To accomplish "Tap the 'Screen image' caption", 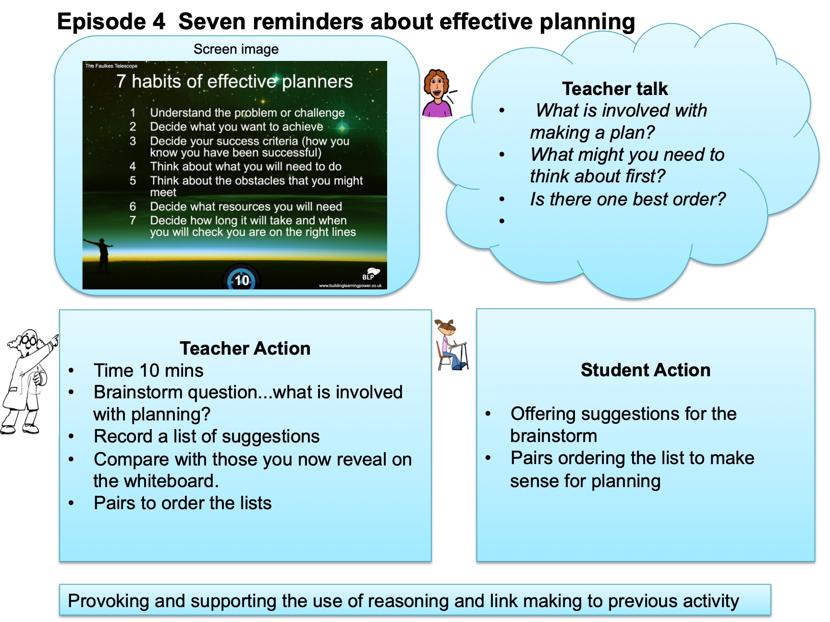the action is (x=236, y=49).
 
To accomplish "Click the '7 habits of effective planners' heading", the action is (x=234, y=81).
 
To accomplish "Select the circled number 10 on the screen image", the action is (x=242, y=279).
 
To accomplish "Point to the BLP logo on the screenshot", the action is (x=370, y=274).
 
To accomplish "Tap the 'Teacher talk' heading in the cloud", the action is (x=615, y=89).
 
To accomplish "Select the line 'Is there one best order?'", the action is (x=628, y=199).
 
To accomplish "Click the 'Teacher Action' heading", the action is (x=245, y=348).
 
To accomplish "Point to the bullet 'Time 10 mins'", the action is (x=148, y=371).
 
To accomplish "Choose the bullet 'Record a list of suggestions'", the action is (x=207, y=436).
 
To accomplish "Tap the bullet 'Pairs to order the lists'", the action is (x=183, y=503).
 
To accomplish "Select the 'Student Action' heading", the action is (x=646, y=370).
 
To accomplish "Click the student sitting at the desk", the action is (x=451, y=345).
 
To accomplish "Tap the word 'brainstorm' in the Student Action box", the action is (x=553, y=436).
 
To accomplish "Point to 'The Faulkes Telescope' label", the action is (x=111, y=66).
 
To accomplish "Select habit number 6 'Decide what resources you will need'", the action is (x=246, y=206).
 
